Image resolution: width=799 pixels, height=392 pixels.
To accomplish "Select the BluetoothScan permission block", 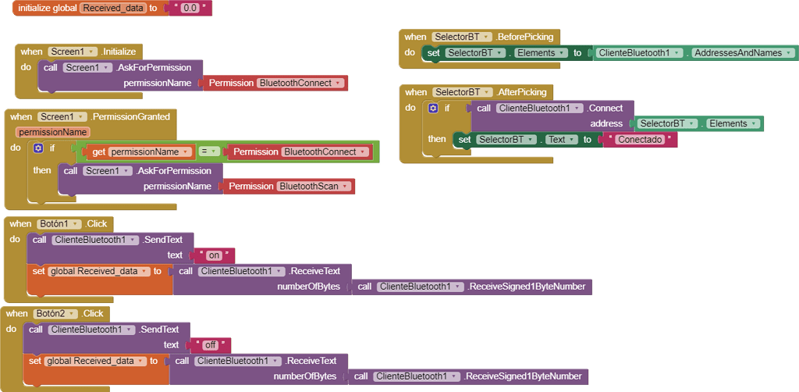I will [x=312, y=186].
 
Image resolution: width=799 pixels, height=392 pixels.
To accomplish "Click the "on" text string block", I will [x=214, y=255].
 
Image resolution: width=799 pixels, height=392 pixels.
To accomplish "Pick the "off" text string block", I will [x=211, y=344].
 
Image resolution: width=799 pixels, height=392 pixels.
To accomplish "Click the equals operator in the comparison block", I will [x=208, y=151].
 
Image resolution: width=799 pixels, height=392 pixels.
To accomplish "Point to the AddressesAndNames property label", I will [x=737, y=53].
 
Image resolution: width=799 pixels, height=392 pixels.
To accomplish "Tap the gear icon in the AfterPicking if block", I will [x=433, y=109].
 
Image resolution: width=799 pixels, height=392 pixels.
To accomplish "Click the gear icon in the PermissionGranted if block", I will [x=37, y=148].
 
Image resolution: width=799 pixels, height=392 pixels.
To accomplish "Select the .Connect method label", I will [x=605, y=109].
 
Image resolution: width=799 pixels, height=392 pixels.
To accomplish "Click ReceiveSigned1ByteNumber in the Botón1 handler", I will [x=527, y=287].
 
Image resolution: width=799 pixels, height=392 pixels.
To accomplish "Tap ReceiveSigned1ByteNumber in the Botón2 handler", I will [x=523, y=376].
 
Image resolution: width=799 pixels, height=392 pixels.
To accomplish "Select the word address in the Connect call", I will [x=607, y=123].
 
